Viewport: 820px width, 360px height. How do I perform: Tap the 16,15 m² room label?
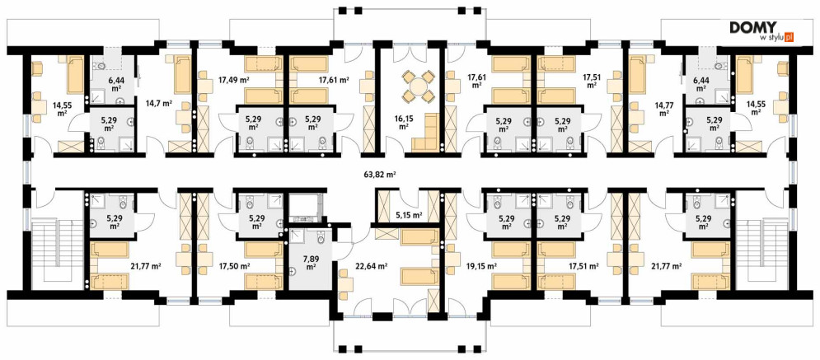(403, 122)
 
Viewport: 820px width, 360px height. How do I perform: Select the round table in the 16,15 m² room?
(418, 86)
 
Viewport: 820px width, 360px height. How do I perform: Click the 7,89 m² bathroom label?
(311, 262)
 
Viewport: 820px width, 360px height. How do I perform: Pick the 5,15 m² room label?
(410, 214)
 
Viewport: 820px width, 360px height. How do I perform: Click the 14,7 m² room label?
(161, 104)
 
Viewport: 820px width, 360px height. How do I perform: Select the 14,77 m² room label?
(665, 108)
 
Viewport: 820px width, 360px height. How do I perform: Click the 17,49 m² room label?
(232, 80)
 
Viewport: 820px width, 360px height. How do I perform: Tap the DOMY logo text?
(753, 28)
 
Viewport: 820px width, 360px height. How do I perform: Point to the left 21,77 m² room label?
(145, 266)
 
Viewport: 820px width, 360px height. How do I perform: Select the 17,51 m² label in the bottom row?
(583, 266)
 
